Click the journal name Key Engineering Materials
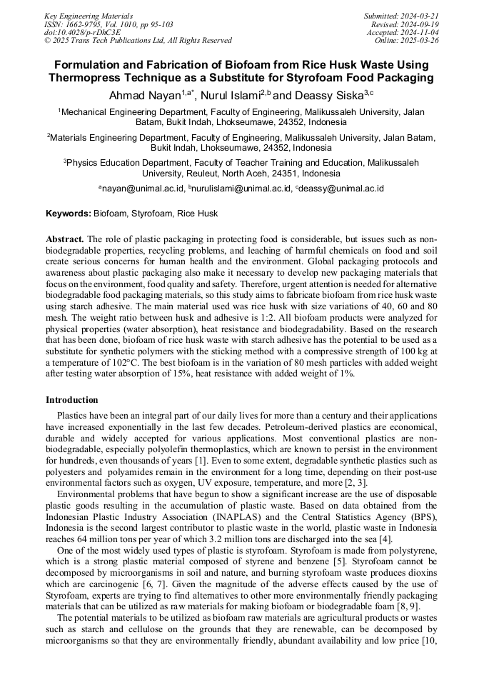(89, 15)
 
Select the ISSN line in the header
(109, 24)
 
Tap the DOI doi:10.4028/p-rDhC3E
(82, 32)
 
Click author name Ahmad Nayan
(143, 95)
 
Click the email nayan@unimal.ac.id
(141, 189)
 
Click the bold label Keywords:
(69, 214)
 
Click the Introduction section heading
(72, 400)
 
